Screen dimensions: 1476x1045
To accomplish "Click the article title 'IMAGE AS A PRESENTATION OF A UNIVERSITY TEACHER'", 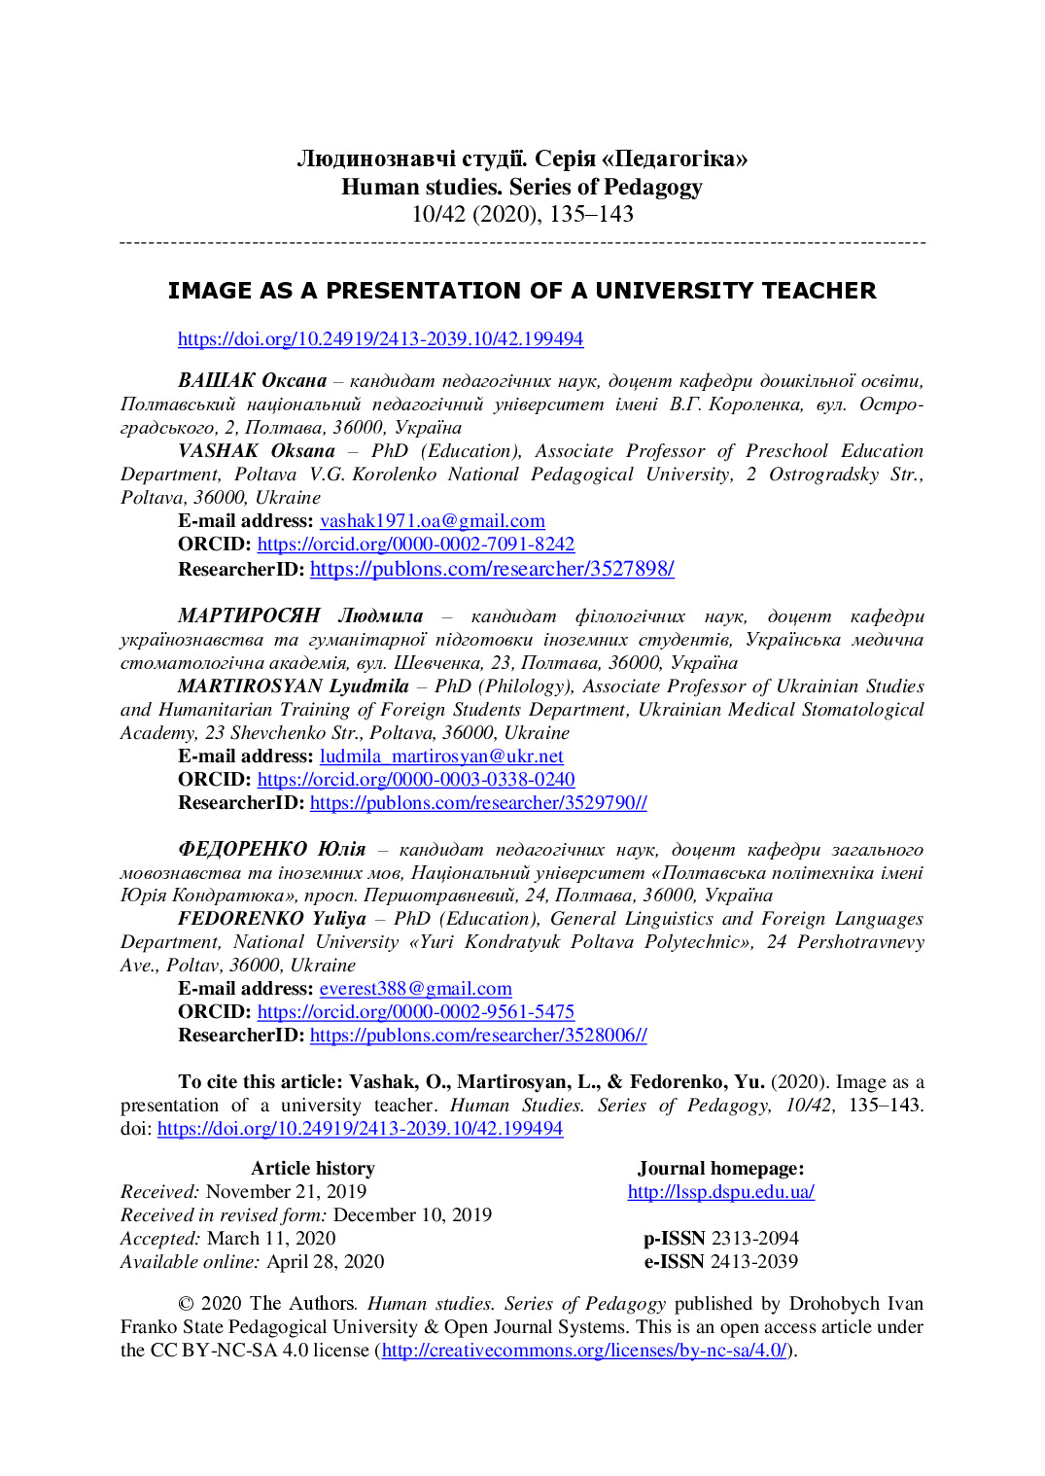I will [x=522, y=291].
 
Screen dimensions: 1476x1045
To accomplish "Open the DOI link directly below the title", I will [x=380, y=339].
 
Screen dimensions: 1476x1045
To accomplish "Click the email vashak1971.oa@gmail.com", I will [x=432, y=521].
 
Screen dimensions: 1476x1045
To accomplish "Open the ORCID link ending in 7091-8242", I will [x=415, y=545].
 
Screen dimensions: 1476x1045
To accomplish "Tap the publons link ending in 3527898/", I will [x=492, y=569].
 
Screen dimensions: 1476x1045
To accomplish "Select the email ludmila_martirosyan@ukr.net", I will [x=441, y=756].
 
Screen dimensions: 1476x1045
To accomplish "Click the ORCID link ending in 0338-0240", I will [x=415, y=780].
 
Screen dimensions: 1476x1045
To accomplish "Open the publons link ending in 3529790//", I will [x=478, y=803].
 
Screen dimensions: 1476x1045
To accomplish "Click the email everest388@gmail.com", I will [x=415, y=989].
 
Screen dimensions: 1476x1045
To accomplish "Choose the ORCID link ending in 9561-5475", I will [x=415, y=1012].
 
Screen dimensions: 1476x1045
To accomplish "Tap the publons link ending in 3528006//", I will [x=478, y=1036].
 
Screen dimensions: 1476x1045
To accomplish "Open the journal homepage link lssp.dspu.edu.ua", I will [x=720, y=1192].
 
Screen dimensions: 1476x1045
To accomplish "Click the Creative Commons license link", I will [x=583, y=1351].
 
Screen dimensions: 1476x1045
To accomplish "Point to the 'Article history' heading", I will [x=312, y=1169].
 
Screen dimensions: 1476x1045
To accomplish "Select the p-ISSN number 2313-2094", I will [x=754, y=1239].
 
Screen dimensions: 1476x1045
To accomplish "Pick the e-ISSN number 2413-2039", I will [x=754, y=1262].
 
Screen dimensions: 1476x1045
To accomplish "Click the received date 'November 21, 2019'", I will [x=286, y=1192].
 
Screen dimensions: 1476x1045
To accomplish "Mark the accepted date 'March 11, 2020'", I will [x=271, y=1239].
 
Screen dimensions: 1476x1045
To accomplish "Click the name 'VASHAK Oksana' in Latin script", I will [x=257, y=451].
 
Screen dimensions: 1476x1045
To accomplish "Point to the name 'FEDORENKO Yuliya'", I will [x=272, y=919].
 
